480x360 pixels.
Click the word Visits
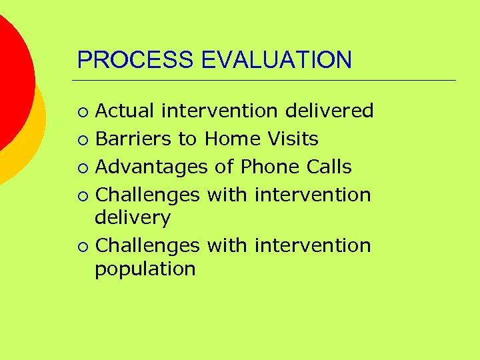293,139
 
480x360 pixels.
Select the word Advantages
152,167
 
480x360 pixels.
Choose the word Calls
329,167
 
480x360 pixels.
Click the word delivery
133,218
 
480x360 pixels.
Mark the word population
145,269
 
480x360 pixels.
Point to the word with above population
227,245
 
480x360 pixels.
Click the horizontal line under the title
267,81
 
